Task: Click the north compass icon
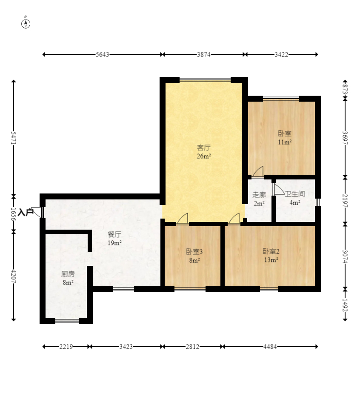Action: point(26,23)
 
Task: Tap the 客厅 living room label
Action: point(204,148)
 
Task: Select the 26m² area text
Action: point(204,156)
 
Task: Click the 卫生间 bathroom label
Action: point(295,194)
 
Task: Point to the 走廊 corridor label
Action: point(259,195)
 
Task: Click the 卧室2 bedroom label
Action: point(271,251)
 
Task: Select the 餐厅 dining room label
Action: point(114,234)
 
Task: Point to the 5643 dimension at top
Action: point(103,54)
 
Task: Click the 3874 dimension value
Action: point(203,54)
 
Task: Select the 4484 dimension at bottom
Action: point(270,347)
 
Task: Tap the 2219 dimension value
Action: point(66,347)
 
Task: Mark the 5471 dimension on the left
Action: point(14,138)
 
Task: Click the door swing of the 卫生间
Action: point(279,190)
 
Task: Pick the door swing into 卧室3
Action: point(183,219)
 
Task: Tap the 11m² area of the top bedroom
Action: point(285,142)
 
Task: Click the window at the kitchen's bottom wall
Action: point(67,321)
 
